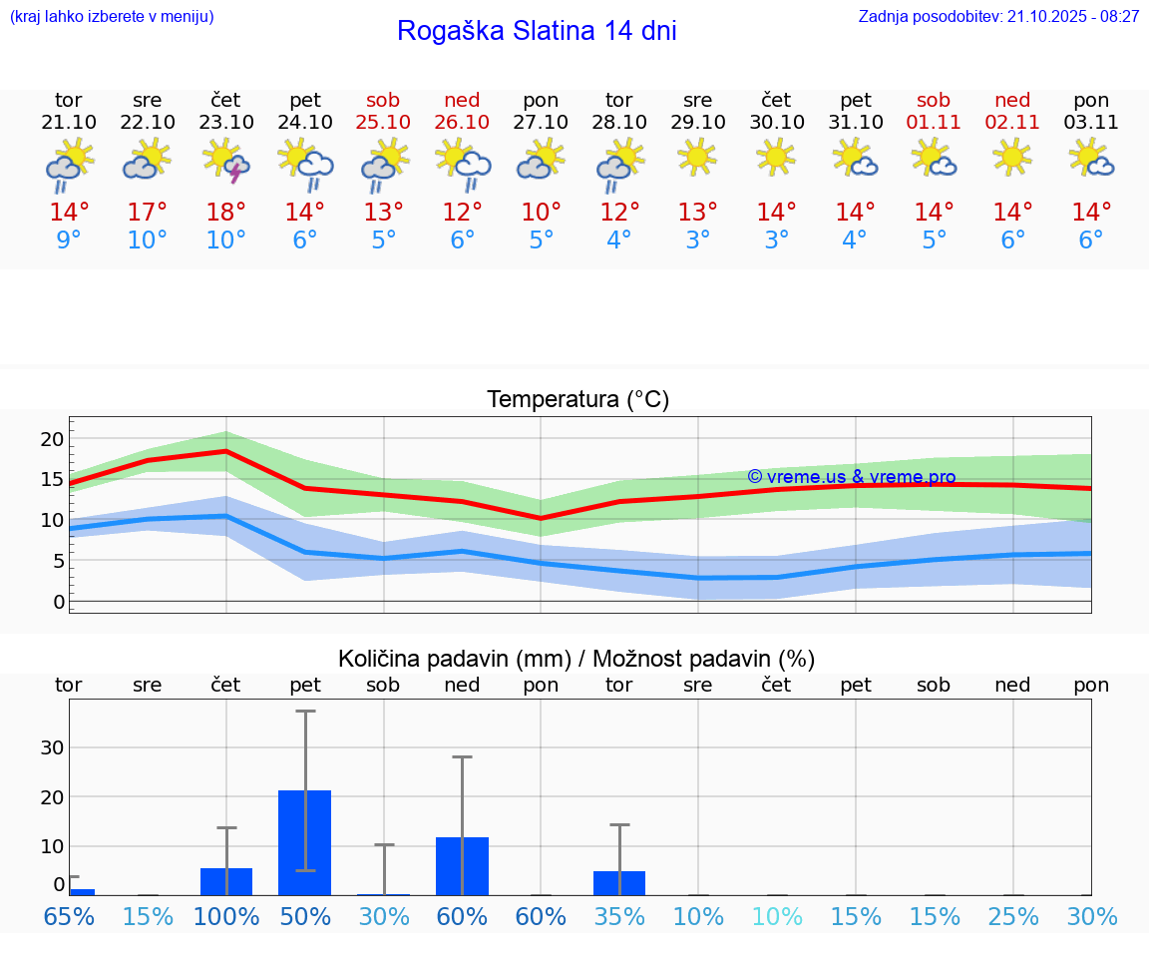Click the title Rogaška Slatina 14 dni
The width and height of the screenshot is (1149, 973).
click(537, 31)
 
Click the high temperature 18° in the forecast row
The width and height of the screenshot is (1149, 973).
click(226, 213)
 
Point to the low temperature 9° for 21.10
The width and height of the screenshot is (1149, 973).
click(69, 241)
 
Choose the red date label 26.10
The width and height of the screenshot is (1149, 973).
click(462, 123)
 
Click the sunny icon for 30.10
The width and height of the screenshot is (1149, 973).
click(776, 156)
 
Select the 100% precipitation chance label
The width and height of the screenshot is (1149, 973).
click(226, 917)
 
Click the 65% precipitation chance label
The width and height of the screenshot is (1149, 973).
click(69, 917)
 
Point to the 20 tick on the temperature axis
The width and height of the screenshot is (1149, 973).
click(52, 439)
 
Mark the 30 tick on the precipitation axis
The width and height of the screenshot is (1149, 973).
click(52, 747)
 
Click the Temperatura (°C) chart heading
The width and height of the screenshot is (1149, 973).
click(577, 400)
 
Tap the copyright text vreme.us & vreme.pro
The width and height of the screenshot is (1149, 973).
click(852, 477)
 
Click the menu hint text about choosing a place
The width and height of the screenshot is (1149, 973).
click(112, 17)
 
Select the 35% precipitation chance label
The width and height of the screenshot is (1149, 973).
click(619, 917)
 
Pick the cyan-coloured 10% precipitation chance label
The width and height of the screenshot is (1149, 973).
click(777, 917)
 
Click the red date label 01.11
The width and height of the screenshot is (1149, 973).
click(934, 123)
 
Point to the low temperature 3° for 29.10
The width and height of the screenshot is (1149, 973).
click(698, 241)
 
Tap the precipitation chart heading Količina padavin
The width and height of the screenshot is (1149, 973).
click(576, 659)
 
